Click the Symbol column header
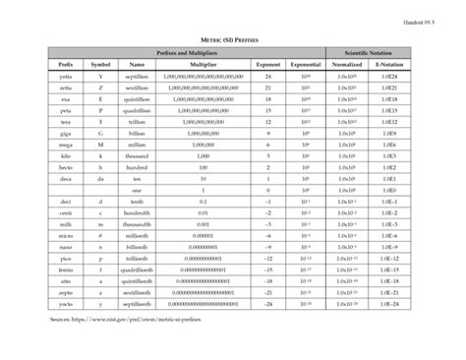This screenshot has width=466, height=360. [x=101, y=63]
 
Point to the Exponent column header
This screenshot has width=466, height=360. [x=268, y=63]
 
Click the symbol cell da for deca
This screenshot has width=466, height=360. [x=101, y=179]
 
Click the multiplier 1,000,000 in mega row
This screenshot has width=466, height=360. [x=203, y=144]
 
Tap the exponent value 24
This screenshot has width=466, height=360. [x=268, y=76]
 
